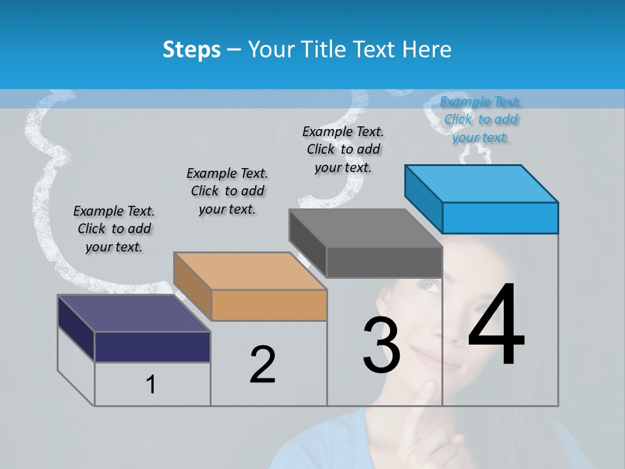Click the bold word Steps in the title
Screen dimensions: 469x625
tap(191, 50)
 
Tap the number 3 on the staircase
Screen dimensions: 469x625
tap(382, 345)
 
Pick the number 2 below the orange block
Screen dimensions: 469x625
tap(262, 365)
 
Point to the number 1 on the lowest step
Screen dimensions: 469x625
tap(151, 384)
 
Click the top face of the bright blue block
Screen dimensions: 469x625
tap(481, 183)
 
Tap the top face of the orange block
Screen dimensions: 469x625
tap(250, 270)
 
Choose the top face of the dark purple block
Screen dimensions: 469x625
tap(134, 313)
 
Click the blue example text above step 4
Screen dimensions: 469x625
tap(481, 119)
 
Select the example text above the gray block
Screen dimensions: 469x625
tap(343, 149)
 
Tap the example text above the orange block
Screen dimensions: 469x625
tap(227, 191)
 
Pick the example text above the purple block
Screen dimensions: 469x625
tap(114, 229)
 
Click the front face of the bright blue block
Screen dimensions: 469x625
tap(500, 218)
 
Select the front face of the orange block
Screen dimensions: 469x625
tap(269, 305)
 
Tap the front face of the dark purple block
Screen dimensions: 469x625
tap(152, 347)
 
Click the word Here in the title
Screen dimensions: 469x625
tap(430, 50)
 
